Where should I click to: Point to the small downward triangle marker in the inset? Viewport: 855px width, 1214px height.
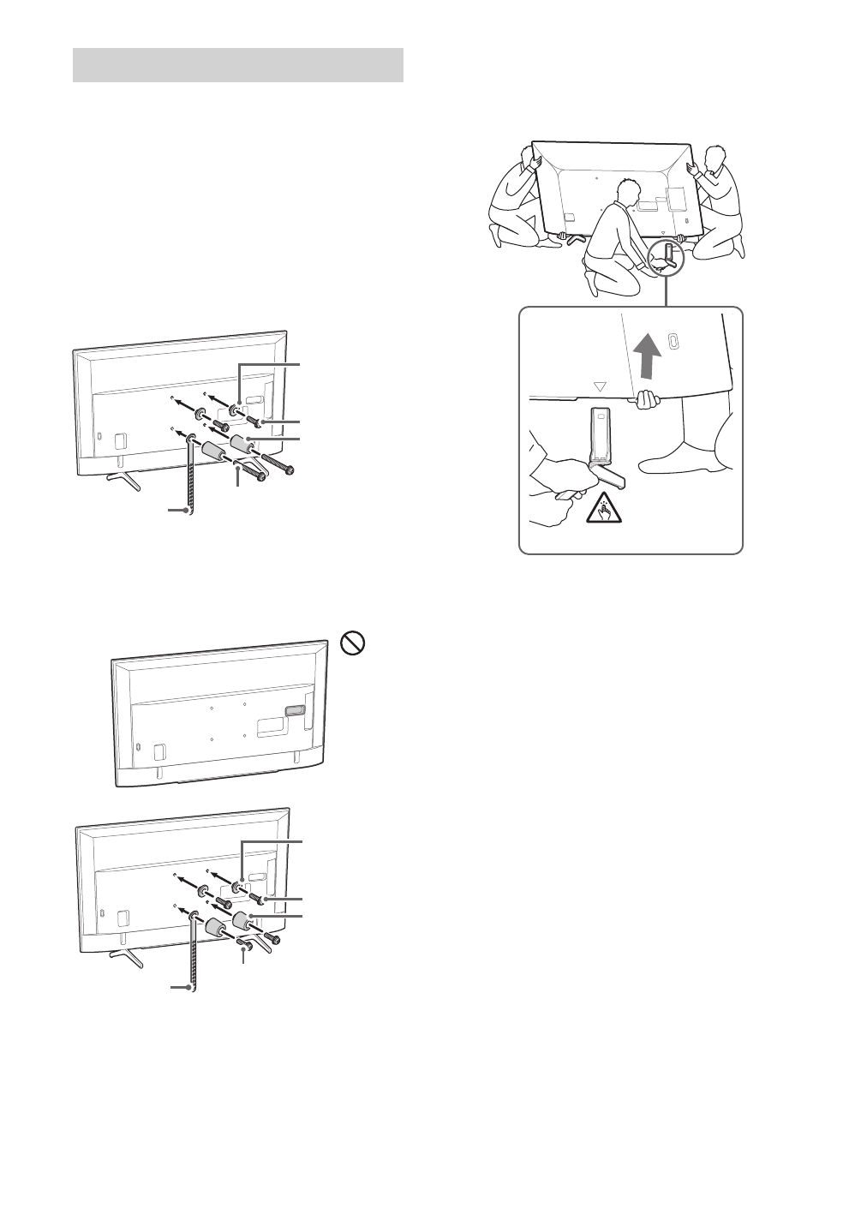(599, 386)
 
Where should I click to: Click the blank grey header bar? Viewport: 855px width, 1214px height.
(238, 65)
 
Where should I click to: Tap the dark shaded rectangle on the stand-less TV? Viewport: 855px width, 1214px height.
(293, 710)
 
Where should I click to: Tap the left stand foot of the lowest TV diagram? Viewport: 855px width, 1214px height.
(126, 956)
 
